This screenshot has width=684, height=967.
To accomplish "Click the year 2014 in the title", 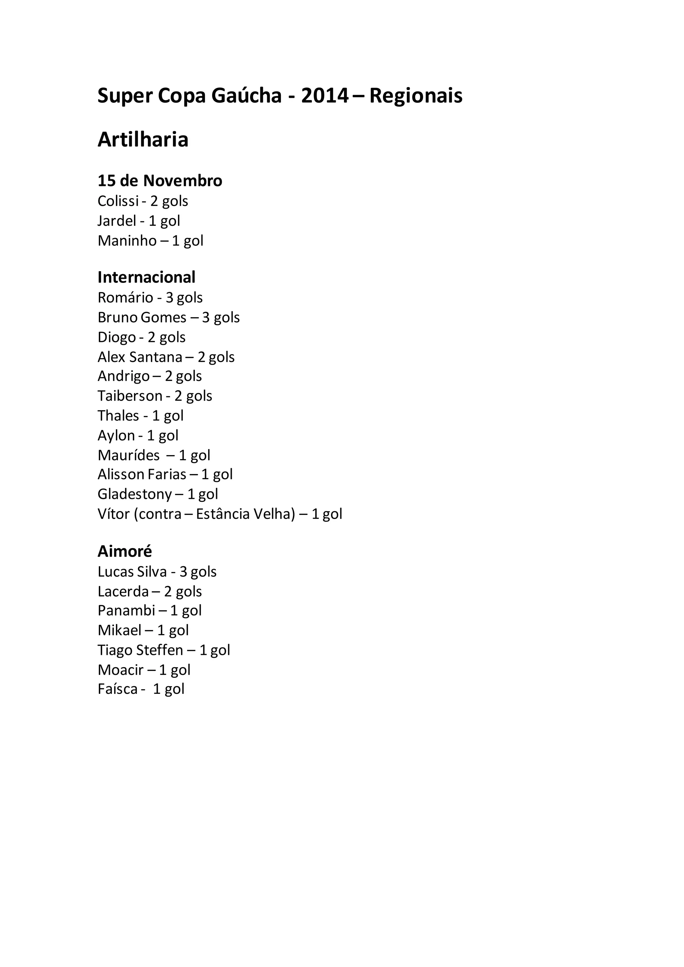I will pos(325,96).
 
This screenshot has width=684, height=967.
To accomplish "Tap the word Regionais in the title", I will pos(416,96).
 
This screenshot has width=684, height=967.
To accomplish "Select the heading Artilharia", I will pos(143,140).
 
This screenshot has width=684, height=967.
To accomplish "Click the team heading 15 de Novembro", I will pos(160,181).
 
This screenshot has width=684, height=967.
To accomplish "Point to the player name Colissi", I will pos(118,201).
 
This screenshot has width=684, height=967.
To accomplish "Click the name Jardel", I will pos(117,221).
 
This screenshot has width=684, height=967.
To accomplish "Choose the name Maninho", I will pos(127,240).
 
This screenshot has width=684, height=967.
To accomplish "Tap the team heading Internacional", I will pos(146,277).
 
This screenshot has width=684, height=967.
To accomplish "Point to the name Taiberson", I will pos(130,396).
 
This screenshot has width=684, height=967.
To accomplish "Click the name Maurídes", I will pos(129,455).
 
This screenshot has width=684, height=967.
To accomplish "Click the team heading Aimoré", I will pos(125,551).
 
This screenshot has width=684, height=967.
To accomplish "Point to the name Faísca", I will pos(118,689).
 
